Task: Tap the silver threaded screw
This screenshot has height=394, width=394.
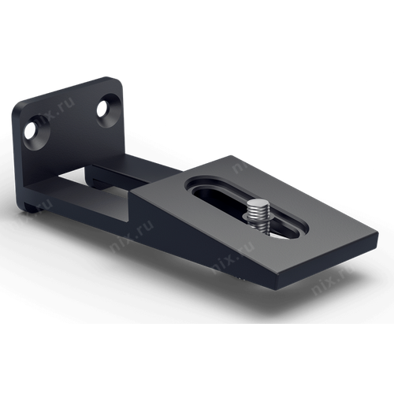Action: [258, 216]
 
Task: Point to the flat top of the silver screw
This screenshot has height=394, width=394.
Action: [258, 206]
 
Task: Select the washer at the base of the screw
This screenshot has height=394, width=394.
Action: [260, 229]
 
